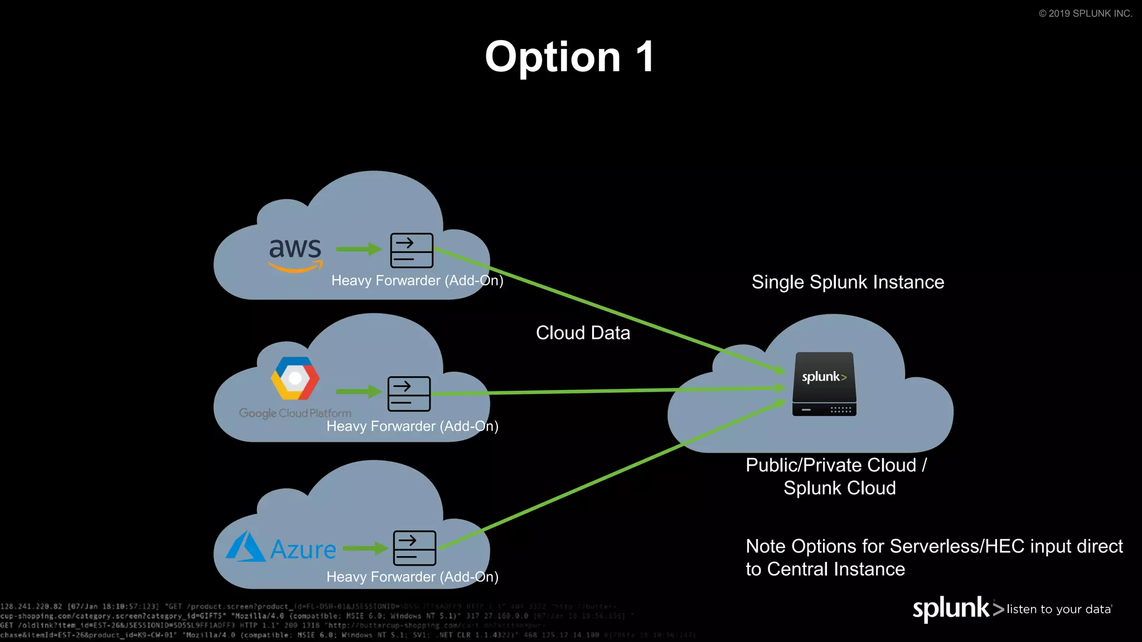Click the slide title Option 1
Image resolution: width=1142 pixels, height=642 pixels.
point(569,57)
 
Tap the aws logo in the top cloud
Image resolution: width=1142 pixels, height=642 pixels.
point(295,254)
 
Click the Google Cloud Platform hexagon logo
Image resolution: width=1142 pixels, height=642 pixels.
point(295,378)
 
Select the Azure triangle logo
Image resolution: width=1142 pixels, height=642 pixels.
point(245,547)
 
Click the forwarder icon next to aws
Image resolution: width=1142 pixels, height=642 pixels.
point(412,250)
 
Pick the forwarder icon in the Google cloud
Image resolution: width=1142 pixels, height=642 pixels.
point(409,393)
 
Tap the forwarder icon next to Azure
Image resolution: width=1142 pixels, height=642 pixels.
point(414,548)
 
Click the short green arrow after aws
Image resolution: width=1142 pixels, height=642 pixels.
point(359,249)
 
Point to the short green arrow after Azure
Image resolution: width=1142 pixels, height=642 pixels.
point(365,548)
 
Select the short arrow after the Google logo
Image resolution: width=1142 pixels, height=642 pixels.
point(359,392)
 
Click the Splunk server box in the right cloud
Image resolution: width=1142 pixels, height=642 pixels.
point(824,384)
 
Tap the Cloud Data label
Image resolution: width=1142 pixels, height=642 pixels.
point(583,333)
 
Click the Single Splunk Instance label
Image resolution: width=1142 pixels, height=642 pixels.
point(848,282)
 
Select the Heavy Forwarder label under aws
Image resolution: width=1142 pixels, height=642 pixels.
point(417,280)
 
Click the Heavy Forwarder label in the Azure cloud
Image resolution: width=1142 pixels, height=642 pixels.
point(412,577)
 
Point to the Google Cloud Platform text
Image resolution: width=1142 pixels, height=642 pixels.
point(295,413)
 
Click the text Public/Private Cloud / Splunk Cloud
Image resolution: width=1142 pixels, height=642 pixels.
point(836,476)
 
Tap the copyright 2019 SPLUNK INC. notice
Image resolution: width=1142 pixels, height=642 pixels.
point(1085,13)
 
